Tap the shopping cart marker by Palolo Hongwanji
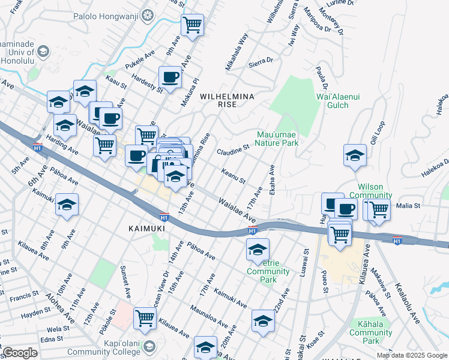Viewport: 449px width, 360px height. tap(193, 25)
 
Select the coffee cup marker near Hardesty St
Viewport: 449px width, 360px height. tap(170, 77)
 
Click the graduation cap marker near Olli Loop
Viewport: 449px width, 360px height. tap(355, 155)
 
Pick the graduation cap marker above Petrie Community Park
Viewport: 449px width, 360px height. tap(258, 248)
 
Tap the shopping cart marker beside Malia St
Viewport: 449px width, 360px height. tap(379, 209)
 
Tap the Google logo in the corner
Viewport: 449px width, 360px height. tap(20, 353)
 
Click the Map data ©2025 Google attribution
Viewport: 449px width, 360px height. tap(411, 355)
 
